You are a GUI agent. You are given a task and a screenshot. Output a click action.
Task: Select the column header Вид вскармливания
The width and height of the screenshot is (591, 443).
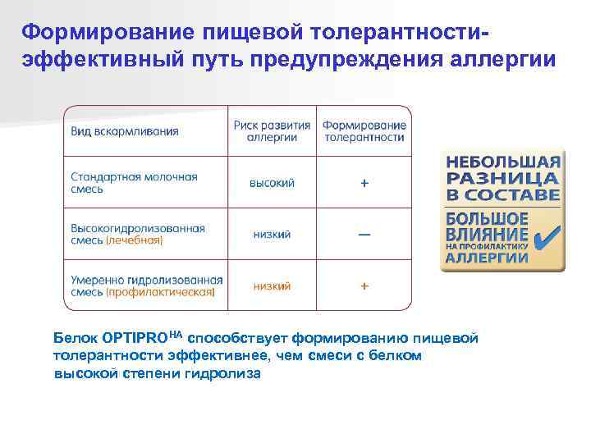pos(125,131)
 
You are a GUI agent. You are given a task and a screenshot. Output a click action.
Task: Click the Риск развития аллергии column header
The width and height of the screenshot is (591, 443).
pos(272,131)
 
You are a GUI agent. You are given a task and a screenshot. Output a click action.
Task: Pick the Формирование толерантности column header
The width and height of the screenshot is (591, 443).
pos(364,131)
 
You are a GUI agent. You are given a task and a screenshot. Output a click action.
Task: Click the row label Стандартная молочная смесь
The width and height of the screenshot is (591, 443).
pos(134,182)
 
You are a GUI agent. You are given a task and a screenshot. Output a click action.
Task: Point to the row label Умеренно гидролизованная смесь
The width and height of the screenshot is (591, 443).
pos(146,280)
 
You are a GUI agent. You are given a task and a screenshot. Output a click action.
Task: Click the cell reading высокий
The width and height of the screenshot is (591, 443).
pos(272,183)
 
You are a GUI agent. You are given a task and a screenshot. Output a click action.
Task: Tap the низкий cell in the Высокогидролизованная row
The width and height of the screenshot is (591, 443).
pos(272,235)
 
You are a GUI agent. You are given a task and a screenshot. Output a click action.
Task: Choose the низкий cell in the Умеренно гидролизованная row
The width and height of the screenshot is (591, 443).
pos(272,286)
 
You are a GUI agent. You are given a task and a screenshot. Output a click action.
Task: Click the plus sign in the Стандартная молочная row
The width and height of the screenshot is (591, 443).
pos(364,183)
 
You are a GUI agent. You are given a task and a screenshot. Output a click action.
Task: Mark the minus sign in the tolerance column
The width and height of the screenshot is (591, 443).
pos(364,235)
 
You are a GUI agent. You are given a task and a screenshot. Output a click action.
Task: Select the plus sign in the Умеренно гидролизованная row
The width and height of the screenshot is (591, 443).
pos(364,286)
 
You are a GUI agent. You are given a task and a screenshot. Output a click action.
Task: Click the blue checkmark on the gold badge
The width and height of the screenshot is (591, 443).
pos(544,239)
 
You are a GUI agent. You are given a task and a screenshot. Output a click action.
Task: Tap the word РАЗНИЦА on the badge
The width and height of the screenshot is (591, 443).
pos(503,178)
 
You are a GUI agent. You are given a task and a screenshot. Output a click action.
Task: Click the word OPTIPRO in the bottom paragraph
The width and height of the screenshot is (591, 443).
pos(136,338)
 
